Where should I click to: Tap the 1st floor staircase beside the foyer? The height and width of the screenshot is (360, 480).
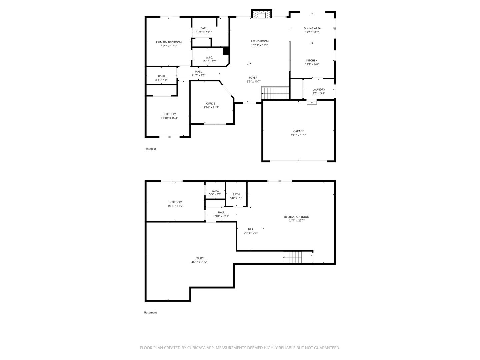[275, 93]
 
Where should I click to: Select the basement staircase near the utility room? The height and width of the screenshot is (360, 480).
[292, 257]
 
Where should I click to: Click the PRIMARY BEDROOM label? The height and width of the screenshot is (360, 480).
[169, 42]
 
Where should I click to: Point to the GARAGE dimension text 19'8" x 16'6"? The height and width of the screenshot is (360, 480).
[298, 135]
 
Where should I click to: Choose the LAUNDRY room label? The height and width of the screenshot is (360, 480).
[319, 89]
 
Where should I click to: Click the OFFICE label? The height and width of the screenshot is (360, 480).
[210, 104]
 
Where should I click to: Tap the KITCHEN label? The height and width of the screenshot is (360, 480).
[312, 61]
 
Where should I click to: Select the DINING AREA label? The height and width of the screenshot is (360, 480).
[312, 28]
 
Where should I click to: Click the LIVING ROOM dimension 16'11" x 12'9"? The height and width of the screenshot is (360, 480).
[260, 45]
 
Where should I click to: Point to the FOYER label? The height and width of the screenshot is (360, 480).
[253, 78]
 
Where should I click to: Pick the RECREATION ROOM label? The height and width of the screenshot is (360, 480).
[297, 217]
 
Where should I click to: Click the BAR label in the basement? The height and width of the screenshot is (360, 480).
[250, 229]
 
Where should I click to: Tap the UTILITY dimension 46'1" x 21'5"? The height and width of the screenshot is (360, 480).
[199, 262]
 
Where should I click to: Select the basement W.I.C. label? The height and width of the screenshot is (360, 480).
[215, 191]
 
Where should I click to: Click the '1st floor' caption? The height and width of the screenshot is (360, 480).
[151, 149]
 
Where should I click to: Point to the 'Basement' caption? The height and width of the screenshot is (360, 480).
[150, 313]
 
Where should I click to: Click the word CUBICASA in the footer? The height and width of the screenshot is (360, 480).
[196, 348]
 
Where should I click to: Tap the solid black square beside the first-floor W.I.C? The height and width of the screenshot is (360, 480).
[225, 51]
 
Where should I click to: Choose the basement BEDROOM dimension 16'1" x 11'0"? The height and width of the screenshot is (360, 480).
[175, 206]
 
